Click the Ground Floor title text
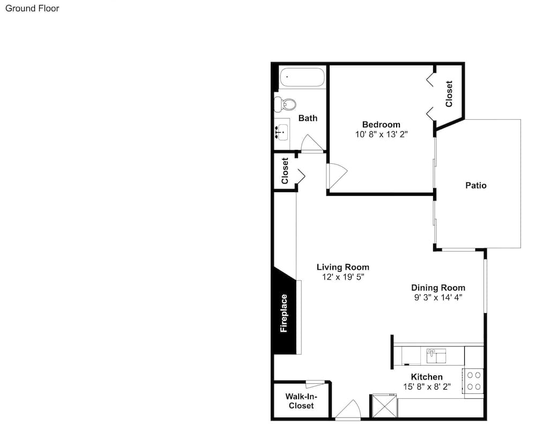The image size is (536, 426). pos(32,9)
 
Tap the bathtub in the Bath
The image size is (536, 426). pos(302,78)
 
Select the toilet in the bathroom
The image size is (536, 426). pos(285,104)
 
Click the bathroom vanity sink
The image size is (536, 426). pos(282,132)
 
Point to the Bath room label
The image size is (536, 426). pos(308,118)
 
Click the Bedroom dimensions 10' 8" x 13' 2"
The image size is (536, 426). pos(382,134)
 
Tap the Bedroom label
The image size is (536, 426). pos(381,124)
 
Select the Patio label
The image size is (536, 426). pos(476,185)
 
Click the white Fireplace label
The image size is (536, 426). pos(284,314)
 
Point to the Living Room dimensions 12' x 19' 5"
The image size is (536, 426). pos(343,277)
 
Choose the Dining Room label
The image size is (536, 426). pos(438,287)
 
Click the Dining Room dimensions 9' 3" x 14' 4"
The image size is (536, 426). pos(438,298)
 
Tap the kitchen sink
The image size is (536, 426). pos(436,356)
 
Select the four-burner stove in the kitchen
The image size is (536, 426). pos(473,381)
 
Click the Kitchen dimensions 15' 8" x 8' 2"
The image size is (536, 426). pos(427,387)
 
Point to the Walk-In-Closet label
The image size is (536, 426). pos(301,401)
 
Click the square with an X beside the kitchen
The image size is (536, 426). pos(384,406)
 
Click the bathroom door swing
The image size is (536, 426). pos(312,143)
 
